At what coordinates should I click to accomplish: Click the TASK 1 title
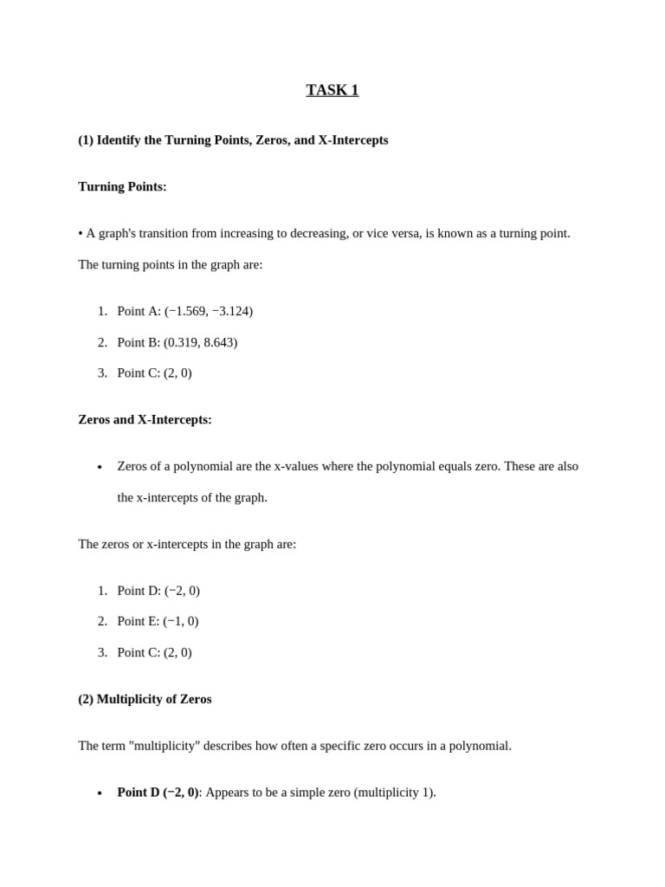click(332, 90)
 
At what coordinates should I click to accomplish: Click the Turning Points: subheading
click(122, 186)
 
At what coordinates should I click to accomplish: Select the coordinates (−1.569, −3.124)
click(209, 311)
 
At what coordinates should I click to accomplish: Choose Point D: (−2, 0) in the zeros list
click(158, 591)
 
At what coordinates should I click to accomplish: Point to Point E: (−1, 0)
click(158, 621)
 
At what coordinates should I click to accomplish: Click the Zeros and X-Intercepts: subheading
click(145, 419)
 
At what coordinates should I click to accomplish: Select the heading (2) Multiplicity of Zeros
click(145, 699)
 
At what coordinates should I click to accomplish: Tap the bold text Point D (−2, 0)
click(158, 793)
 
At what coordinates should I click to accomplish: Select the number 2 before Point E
click(102, 621)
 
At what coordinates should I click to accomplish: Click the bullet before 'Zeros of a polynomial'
click(100, 468)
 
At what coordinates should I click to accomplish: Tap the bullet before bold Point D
click(100, 793)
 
